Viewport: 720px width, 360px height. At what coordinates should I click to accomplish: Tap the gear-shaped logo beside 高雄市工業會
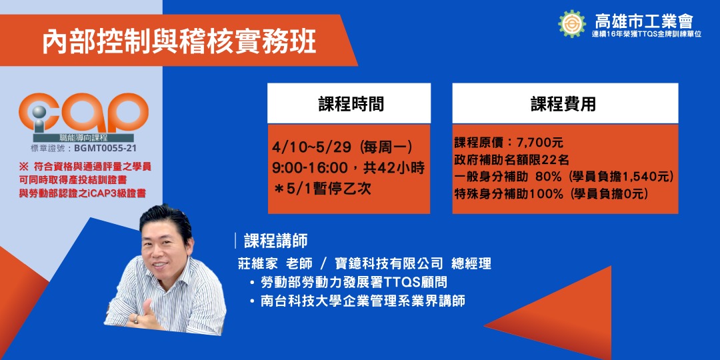point(572,23)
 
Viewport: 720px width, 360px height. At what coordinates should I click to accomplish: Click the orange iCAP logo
point(83,113)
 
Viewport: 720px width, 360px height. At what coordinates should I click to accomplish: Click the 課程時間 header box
point(349,103)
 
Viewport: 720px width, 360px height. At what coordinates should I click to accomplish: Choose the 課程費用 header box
point(564,103)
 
